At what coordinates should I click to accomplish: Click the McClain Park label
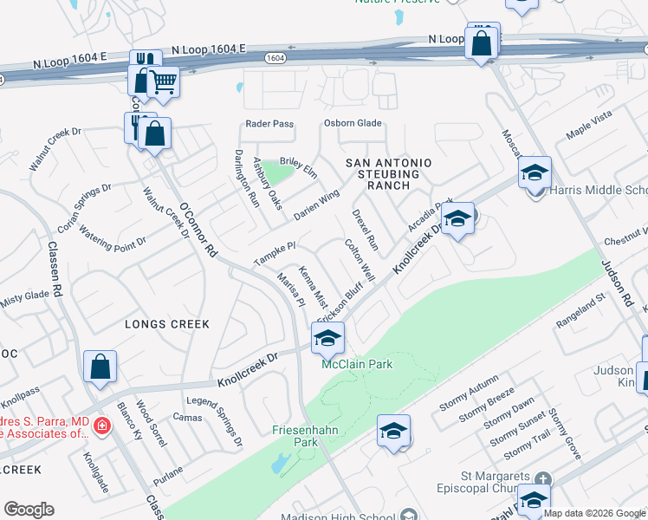coord(357,364)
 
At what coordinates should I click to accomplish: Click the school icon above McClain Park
coord(327,340)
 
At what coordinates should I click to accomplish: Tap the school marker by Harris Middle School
coord(535,173)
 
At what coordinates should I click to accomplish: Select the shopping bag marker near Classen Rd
coord(100,367)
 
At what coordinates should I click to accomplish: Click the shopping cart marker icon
coord(162,82)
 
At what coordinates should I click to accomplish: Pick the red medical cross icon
coord(101,426)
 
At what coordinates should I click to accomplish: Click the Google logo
coord(29,510)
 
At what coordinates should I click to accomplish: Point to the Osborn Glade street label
coord(353,123)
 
